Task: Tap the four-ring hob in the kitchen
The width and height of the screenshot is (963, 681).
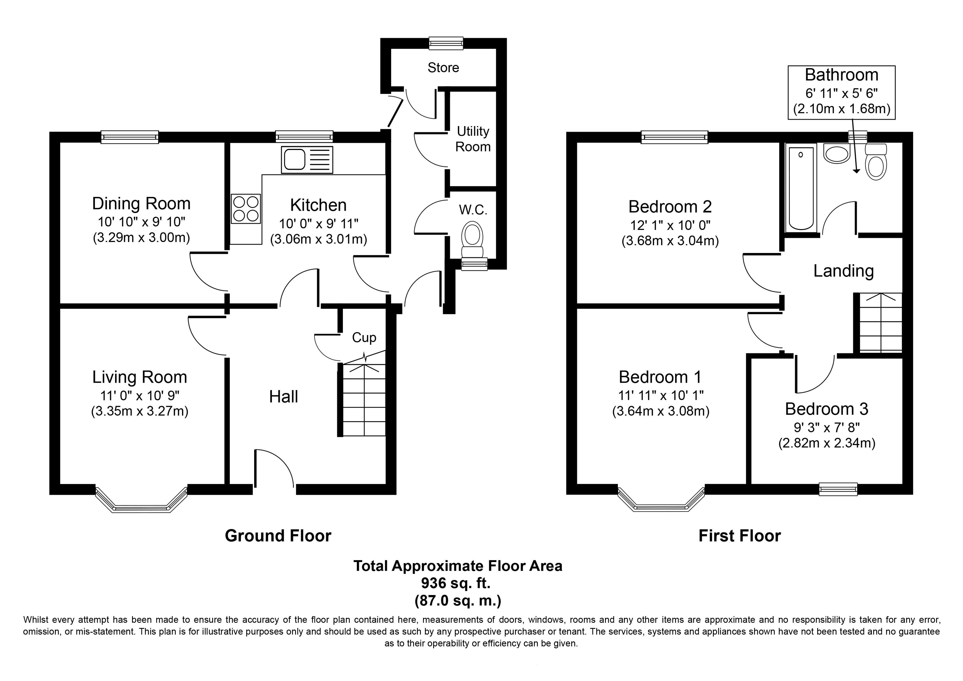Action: [x=246, y=209]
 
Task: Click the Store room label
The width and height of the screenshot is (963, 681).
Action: [x=443, y=68]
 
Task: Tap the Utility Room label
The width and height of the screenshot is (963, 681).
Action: [x=473, y=139]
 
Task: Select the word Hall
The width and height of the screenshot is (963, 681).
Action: [x=284, y=396]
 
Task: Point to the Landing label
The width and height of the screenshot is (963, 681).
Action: [x=844, y=271]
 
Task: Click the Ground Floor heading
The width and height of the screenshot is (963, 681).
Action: [x=278, y=536]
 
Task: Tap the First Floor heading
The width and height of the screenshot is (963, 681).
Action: [x=740, y=536]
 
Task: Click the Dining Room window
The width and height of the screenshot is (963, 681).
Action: [x=130, y=137]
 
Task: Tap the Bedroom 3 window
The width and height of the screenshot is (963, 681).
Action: [x=838, y=489]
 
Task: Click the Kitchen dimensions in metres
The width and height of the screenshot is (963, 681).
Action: [x=318, y=240]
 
